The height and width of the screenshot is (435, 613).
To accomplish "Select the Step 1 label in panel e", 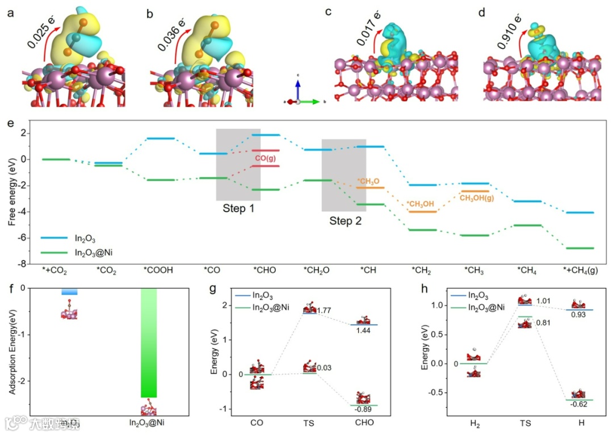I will click(238, 208).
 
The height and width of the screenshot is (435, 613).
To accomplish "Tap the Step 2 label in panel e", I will click(345, 220).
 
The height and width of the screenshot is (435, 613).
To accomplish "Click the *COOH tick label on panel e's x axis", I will click(160, 270).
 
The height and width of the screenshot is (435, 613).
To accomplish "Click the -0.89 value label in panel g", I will click(363, 409).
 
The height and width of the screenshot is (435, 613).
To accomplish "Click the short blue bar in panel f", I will click(69, 291).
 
